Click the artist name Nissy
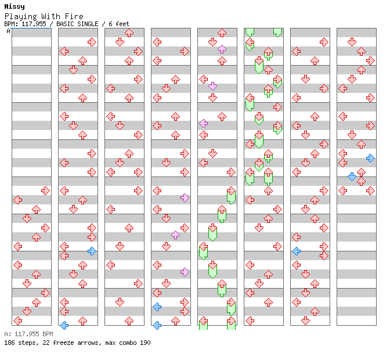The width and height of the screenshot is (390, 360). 15,6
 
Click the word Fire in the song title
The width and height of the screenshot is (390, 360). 74,16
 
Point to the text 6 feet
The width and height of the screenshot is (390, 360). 119,24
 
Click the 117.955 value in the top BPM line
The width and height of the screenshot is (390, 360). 34,24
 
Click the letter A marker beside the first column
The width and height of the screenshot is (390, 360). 9,31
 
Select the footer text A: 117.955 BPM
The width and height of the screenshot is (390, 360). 28,334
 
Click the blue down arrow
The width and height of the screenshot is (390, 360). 352,177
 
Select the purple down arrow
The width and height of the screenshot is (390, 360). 212,86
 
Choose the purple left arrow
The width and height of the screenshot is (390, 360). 204,123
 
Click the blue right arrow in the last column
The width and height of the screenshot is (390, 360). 370,158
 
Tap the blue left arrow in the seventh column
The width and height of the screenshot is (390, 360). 296,251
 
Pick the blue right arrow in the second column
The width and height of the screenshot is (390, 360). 92,251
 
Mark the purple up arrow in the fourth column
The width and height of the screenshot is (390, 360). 175,235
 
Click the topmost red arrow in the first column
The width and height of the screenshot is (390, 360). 45,191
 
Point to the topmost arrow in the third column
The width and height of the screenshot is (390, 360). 129,33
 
